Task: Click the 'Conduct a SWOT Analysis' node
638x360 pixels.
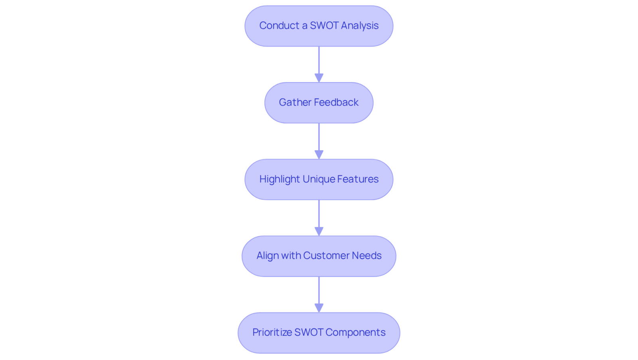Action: click(319, 26)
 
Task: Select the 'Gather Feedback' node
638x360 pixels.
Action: click(319, 103)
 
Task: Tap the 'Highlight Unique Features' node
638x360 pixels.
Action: click(319, 179)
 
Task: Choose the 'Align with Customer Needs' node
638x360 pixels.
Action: click(319, 256)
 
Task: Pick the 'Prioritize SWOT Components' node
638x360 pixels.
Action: click(319, 332)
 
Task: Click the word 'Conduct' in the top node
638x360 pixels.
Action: click(280, 26)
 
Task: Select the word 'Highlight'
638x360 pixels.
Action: click(280, 179)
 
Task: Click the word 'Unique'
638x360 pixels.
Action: click(319, 179)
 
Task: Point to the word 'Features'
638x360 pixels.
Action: click(358, 179)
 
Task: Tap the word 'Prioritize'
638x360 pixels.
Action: click(272, 332)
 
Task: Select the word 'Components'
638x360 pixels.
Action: click(355, 332)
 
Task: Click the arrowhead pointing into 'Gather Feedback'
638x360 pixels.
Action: click(319, 78)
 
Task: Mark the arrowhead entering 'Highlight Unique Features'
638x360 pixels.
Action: click(319, 154)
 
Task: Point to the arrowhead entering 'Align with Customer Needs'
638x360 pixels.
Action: click(319, 231)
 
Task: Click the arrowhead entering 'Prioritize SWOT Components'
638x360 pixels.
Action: click(319, 308)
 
